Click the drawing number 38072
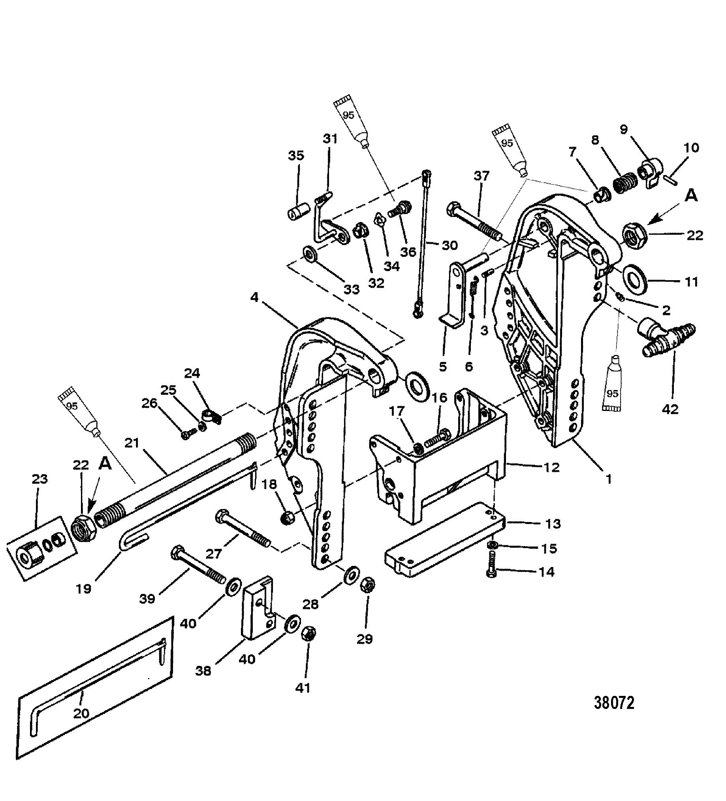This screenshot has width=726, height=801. tap(614, 714)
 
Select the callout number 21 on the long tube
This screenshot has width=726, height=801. tap(132, 442)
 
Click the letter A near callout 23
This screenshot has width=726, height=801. tap(105, 465)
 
